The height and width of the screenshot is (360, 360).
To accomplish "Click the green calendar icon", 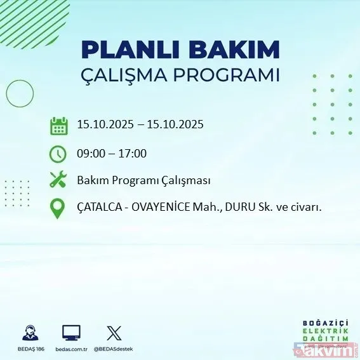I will point(58,125).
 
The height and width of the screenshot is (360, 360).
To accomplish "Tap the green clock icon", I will point(58,154).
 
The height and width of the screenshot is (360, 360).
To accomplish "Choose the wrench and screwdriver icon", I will point(58,180).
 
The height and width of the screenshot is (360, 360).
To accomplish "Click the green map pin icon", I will point(58,208).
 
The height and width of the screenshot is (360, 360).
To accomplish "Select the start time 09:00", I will point(90,153).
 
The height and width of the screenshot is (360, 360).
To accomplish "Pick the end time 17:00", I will point(133,153).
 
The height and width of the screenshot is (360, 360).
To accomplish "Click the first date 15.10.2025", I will point(105,124).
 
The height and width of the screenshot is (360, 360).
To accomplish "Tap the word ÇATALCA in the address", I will point(100,208).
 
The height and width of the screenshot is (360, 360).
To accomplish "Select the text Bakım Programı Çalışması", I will point(143,180).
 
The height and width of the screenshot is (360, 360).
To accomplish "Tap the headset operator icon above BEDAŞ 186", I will point(29,333).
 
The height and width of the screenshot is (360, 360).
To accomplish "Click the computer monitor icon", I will point(71,333).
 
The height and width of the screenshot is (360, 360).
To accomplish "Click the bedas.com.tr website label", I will point(71,349).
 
